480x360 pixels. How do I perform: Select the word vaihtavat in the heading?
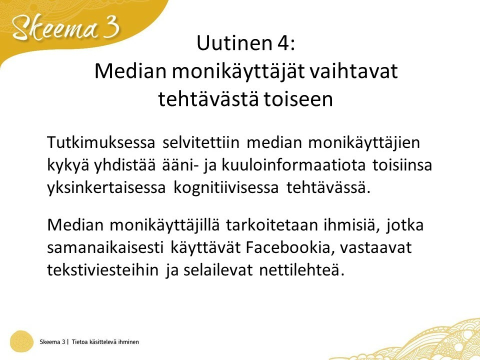pos(353,71)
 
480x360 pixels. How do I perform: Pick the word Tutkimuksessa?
pos(101,142)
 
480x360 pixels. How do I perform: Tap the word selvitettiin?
pos(201,142)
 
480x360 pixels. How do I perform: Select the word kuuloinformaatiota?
pos(293,164)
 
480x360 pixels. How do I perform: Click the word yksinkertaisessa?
pos(106,187)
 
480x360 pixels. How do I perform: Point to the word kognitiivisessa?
pos(226,187)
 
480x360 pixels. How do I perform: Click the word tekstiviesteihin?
pos(103,269)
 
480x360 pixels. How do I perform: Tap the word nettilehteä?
pos(302,269)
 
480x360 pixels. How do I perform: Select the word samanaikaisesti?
pos(105,247)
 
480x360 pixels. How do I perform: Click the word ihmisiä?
pos(352,224)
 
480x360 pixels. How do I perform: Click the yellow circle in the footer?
pos(21,341)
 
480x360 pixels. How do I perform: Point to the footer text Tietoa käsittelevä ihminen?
pos(105,341)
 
